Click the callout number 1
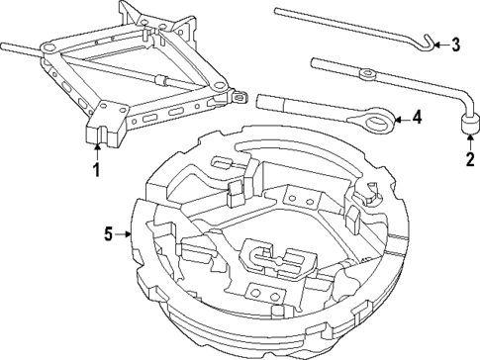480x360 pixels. click(x=96, y=169)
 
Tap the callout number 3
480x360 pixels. click(x=456, y=44)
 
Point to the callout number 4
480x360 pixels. click(x=417, y=119)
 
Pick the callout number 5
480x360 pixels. click(x=110, y=234)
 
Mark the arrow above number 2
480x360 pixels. click(x=466, y=138)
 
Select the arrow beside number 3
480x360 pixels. click(x=440, y=44)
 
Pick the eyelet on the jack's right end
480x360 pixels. click(x=239, y=97)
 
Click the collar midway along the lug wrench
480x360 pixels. click(x=367, y=72)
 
